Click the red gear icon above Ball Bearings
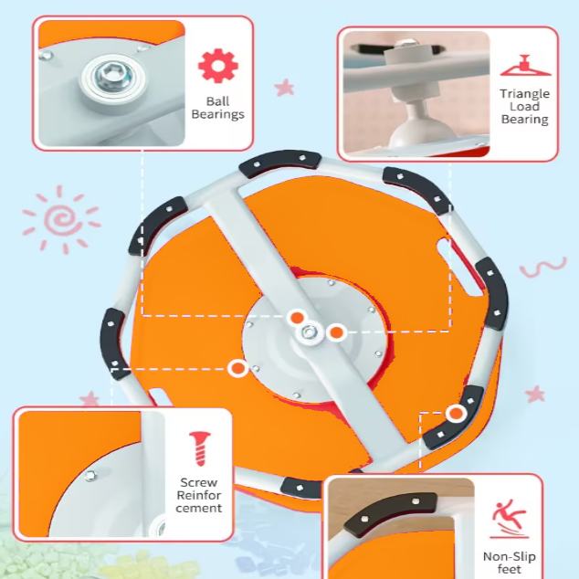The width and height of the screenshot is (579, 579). (x=218, y=66)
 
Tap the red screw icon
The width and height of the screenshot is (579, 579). (x=200, y=448)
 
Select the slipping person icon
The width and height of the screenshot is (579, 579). (x=510, y=519)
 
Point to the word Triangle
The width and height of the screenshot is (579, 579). (x=525, y=94)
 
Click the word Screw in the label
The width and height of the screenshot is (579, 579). (x=199, y=482)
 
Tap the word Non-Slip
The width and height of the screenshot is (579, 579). (x=510, y=556)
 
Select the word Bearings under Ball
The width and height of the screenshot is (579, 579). (x=218, y=114)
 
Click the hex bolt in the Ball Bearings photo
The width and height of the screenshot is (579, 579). (x=113, y=77)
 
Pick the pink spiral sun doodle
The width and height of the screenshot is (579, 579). (x=61, y=220)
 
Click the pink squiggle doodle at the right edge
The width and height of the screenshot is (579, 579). (x=542, y=267)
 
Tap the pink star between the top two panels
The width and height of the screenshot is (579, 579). (x=284, y=88)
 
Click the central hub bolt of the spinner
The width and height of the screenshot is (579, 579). (x=309, y=332)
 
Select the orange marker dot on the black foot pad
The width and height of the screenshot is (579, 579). (x=456, y=414)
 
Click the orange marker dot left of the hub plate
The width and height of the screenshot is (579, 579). (x=238, y=368)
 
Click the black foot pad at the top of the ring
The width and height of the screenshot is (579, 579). (x=279, y=163)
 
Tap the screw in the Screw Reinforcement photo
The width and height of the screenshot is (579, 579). (x=90, y=476)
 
